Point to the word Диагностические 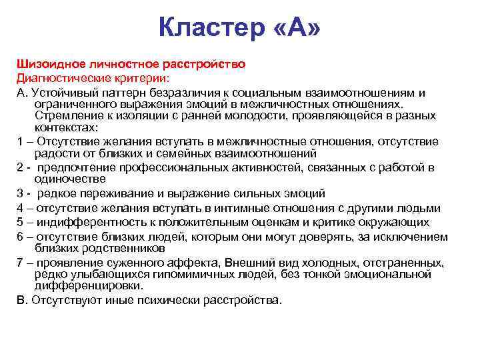pyautogui.click(x=59, y=77)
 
